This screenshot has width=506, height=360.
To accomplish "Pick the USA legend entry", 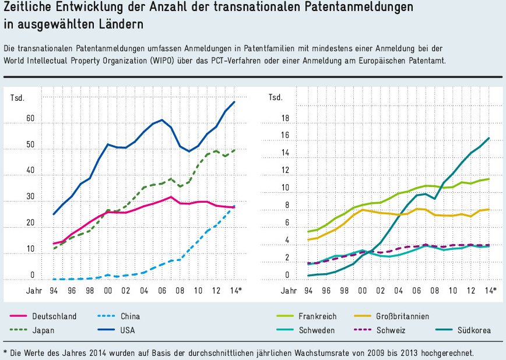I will click(x=127, y=330).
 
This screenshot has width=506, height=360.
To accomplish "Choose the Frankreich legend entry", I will click(x=317, y=316).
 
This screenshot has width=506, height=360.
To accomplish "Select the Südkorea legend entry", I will click(x=472, y=330).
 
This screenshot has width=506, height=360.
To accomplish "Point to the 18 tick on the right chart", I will click(x=286, y=119).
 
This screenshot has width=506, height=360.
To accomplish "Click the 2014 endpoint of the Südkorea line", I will click(x=489, y=138).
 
